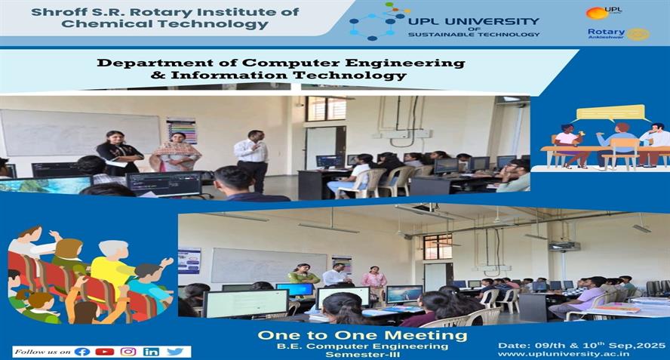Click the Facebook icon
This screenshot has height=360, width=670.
82,352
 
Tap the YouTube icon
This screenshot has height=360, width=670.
105,352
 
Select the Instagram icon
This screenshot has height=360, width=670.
128,352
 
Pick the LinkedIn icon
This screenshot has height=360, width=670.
151,352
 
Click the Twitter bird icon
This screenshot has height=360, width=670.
175,352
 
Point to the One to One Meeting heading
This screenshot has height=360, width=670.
362,335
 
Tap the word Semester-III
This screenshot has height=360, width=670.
362,355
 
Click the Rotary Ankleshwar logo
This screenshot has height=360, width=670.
618,34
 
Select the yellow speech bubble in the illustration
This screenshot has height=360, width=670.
610,113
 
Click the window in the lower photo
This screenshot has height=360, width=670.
438,247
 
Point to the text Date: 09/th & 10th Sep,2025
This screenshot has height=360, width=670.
582,346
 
